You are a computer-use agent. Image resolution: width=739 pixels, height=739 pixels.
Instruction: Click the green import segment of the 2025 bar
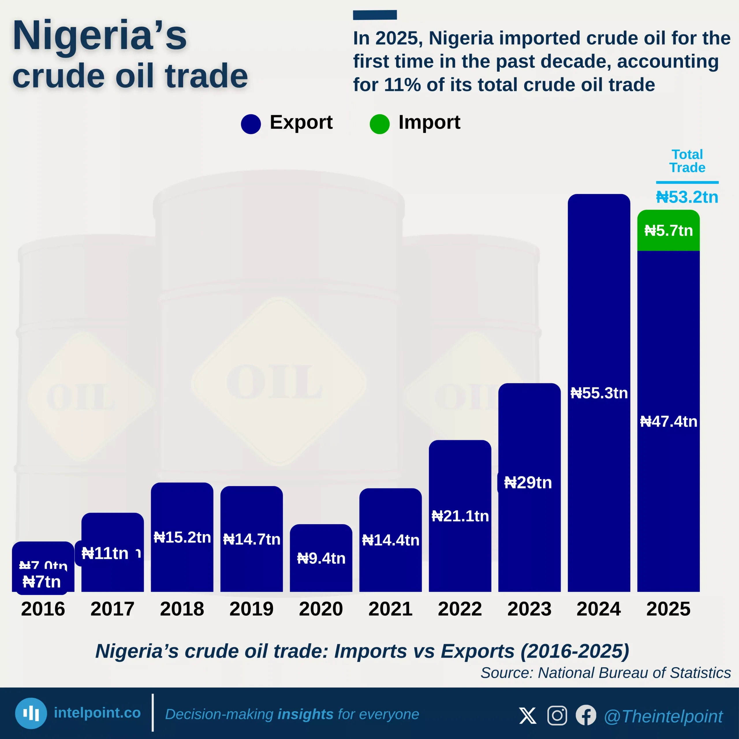point(668,231)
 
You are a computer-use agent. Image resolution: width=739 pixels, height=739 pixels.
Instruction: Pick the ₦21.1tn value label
point(460,516)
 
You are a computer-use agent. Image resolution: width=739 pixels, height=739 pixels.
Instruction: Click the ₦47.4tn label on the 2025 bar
point(668,421)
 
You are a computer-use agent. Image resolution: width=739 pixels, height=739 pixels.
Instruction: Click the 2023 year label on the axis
point(529,609)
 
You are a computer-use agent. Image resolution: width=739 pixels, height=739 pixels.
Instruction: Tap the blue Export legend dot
point(251,124)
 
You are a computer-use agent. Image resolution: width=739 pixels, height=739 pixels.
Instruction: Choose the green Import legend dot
point(379,124)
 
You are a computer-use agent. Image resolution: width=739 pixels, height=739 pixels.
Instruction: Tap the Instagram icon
point(557,715)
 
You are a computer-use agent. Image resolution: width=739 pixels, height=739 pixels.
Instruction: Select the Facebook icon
point(586,715)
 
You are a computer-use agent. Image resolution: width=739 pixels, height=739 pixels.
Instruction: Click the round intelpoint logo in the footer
point(31,713)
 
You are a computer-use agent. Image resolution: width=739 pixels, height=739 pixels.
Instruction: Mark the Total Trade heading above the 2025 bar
point(687,161)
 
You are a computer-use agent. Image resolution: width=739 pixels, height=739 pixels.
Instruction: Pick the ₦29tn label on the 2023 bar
point(528,483)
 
